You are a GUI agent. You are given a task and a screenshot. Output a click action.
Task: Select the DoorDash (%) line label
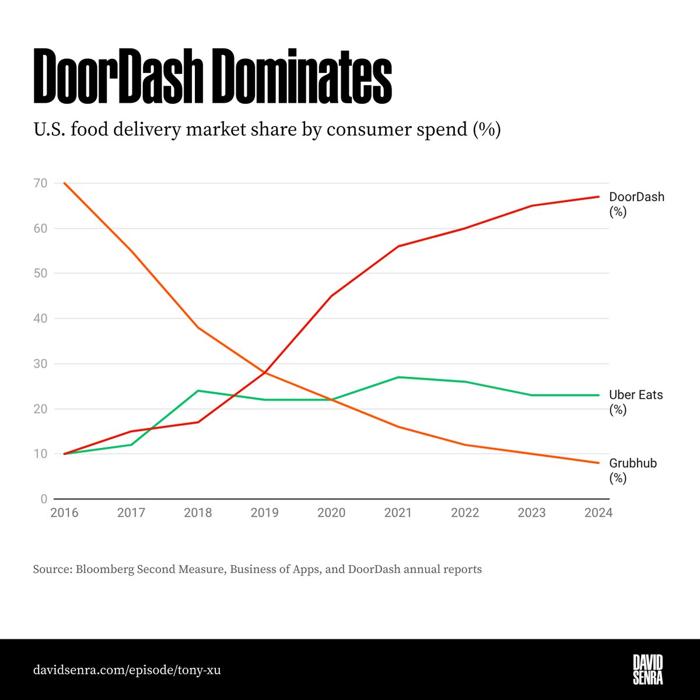click(x=636, y=204)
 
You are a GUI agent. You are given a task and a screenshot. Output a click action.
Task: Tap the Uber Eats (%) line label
click(x=636, y=402)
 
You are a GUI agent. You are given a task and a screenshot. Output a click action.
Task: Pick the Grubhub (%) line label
click(x=633, y=470)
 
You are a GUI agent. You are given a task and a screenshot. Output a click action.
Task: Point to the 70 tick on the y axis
click(x=40, y=183)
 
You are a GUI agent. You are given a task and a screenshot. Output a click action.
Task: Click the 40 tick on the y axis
click(x=40, y=318)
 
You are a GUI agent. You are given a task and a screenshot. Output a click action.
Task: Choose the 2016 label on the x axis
click(x=64, y=513)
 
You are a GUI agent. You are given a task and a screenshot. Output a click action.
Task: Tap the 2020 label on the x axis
click(x=331, y=513)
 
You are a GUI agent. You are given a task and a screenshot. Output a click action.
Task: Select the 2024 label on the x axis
click(x=598, y=513)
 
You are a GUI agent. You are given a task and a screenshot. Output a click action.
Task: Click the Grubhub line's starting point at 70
click(x=64, y=183)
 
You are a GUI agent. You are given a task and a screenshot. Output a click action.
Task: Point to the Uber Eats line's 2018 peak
click(x=198, y=390)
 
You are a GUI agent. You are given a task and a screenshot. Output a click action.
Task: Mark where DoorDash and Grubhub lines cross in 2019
click(x=265, y=372)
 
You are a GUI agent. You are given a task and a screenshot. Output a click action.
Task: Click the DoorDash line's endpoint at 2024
click(x=599, y=197)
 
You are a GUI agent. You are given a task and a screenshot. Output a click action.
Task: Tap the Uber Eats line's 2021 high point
click(x=398, y=377)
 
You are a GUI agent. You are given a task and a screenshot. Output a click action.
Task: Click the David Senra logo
click(x=648, y=669)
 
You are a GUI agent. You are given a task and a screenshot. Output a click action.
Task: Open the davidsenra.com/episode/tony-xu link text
click(x=127, y=670)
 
